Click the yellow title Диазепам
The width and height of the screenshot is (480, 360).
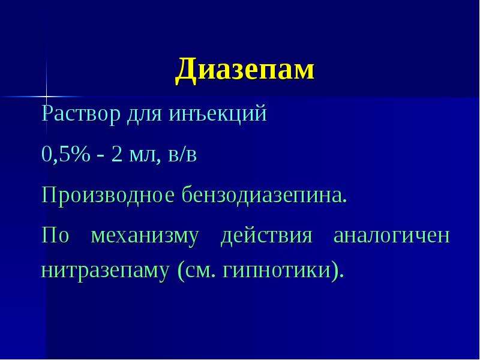click(245, 70)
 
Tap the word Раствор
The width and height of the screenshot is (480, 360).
click(81, 113)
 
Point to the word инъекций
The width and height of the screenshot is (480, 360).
click(218, 113)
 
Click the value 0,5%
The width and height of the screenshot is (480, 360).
click(66, 154)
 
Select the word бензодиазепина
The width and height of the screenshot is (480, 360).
click(265, 195)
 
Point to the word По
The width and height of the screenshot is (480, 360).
click(55, 235)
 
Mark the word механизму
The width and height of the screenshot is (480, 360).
click(145, 236)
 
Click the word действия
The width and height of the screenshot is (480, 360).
click(266, 236)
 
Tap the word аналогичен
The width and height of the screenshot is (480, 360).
click(392, 236)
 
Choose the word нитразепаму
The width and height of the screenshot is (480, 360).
click(104, 272)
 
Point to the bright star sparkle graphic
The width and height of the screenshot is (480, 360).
click(47, 97)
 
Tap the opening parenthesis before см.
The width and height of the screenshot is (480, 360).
click(181, 271)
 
